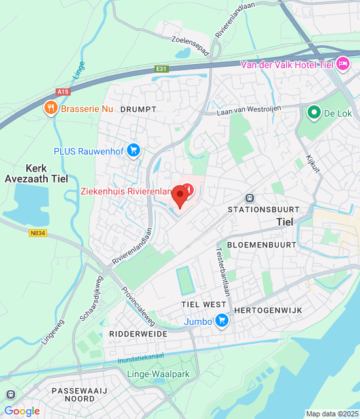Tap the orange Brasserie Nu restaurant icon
50,108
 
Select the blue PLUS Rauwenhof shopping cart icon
134,151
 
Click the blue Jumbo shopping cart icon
222,321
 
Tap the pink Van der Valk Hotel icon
342,64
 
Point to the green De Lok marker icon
314,113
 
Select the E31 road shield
162,68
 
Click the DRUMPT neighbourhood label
138,109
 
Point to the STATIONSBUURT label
263,209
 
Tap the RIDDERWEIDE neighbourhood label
139,334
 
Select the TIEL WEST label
204,305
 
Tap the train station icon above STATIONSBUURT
249,198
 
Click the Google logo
22,411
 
